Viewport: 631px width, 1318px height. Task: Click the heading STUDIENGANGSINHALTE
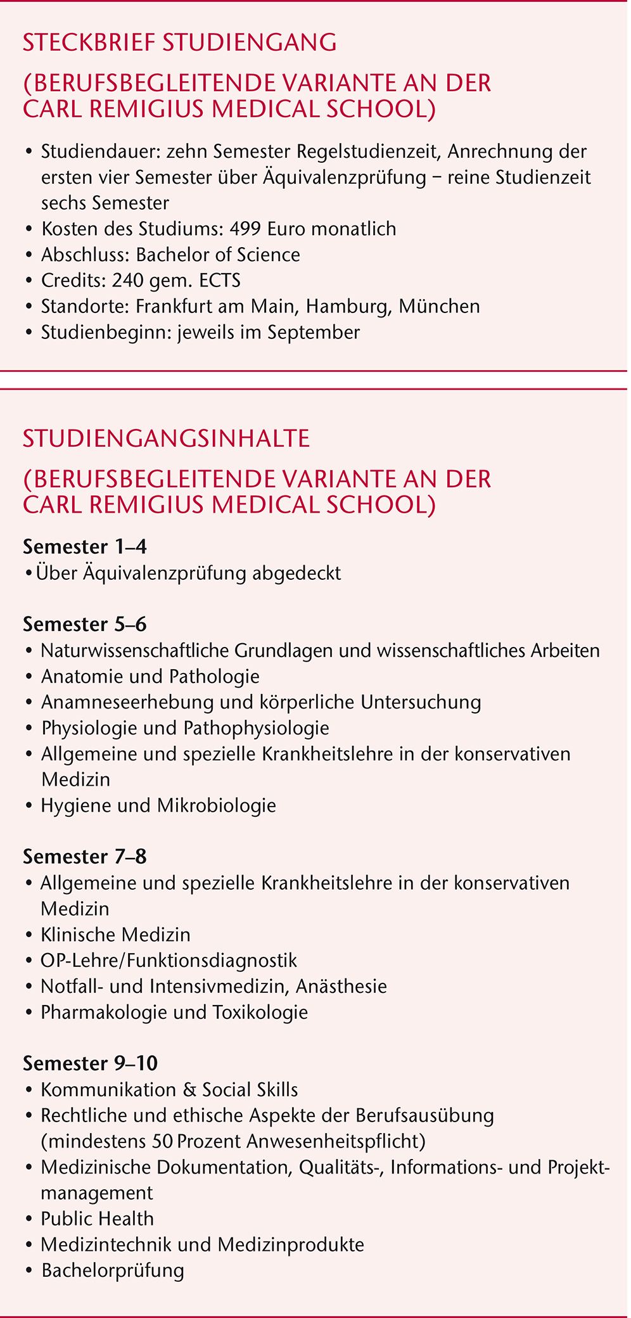166,438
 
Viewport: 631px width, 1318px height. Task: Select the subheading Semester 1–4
85,547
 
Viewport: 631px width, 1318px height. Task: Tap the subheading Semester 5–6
85,624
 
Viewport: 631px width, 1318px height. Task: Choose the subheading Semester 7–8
85,857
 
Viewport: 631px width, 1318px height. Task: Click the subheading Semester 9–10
91,1063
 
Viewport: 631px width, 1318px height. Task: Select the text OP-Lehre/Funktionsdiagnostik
169,961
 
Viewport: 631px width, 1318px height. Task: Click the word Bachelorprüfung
113,1270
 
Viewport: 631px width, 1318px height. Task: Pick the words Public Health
97,1219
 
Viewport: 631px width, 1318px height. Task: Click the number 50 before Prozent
163,1141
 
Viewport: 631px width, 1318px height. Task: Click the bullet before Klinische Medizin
30,935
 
